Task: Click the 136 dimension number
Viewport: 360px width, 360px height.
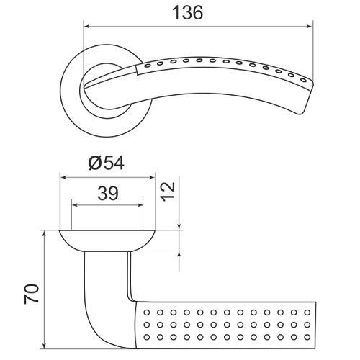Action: coord(188,13)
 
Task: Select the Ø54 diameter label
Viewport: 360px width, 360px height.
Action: coord(107,163)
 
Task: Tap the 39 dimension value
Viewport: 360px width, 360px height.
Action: coord(108,193)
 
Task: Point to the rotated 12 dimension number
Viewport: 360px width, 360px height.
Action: coord(168,192)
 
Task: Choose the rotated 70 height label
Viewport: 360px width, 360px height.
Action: coord(32,294)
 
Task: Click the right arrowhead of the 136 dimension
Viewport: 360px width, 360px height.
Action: coord(310,27)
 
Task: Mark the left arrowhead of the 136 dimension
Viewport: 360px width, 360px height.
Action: coord(87,27)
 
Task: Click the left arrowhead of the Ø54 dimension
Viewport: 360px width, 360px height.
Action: coord(63,178)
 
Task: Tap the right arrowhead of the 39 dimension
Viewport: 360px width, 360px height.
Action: coord(140,205)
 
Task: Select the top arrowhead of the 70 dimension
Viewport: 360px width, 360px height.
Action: coord(44,234)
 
